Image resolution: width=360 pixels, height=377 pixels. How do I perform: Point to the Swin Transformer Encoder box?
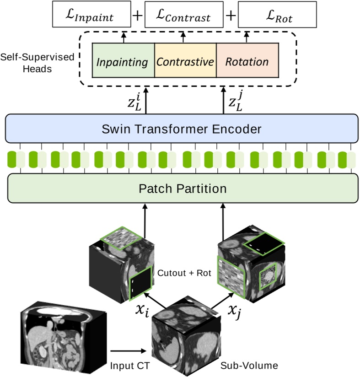pyautogui.click(x=182, y=129)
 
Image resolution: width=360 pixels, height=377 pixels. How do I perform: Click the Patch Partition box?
pyautogui.click(x=182, y=188)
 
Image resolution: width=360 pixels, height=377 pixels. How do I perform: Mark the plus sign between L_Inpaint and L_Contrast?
pyautogui.click(x=135, y=16)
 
